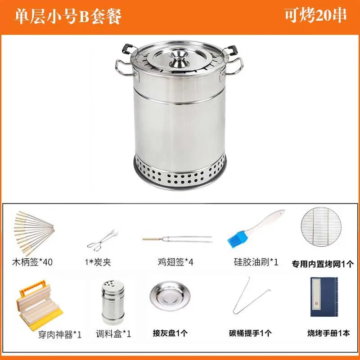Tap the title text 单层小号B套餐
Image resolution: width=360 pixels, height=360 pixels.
[68, 15]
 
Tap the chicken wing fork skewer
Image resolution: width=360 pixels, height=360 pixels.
[177, 238]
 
